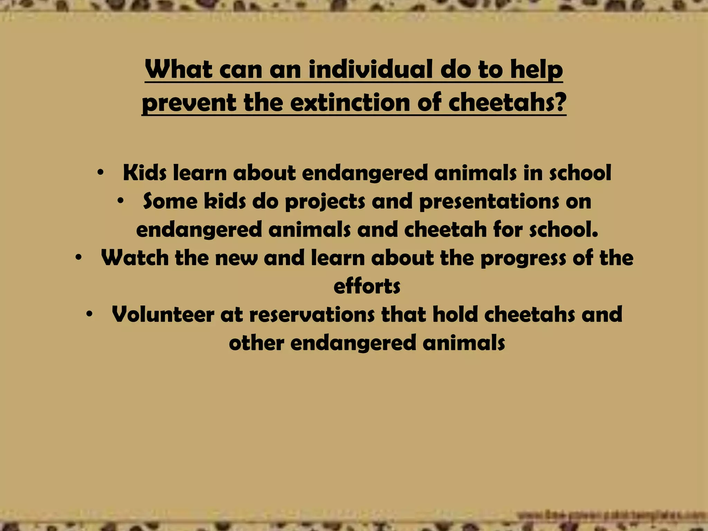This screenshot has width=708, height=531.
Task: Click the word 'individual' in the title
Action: (x=370, y=69)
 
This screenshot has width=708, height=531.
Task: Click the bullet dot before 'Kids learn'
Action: (x=100, y=173)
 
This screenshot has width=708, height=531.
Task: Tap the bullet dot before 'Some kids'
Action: (x=120, y=201)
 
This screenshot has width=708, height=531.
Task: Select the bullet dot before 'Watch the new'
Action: (x=78, y=258)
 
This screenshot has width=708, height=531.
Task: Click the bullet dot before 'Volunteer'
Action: (x=89, y=314)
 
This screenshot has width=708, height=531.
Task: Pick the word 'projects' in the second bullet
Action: (x=325, y=202)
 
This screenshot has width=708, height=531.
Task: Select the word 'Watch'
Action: (x=134, y=258)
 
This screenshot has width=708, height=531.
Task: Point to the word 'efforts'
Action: (x=367, y=287)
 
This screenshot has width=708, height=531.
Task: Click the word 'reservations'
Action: (x=311, y=315)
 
